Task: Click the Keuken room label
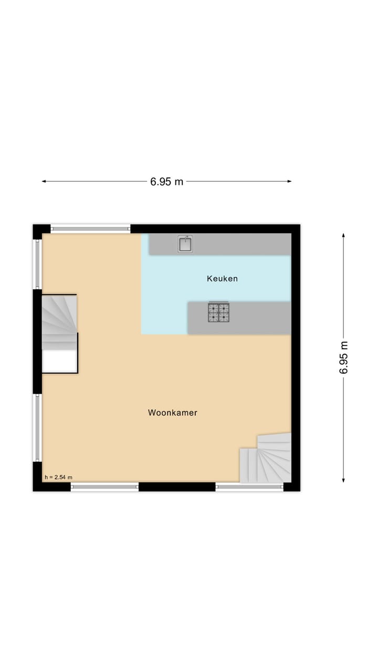222,278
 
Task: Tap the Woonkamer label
172,413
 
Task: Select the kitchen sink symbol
185,244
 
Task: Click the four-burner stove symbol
218,312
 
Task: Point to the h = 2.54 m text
58,477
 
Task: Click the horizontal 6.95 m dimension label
167,182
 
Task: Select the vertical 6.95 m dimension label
344,357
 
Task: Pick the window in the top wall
90,229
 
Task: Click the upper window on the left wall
37,264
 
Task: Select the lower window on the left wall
37,428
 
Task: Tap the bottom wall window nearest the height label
104,487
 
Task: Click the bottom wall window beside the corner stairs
249,487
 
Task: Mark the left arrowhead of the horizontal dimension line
44,181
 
